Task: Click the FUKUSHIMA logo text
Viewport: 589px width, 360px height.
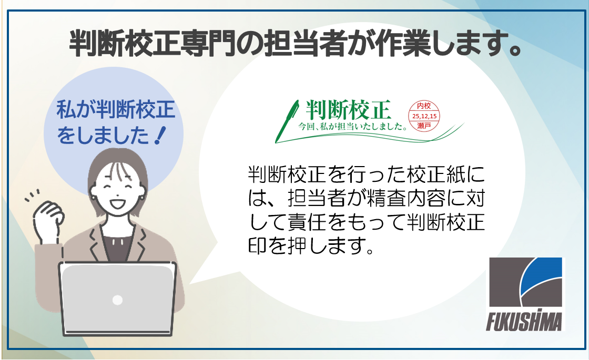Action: (525, 321)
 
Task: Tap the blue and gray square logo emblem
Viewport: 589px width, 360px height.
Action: (525, 282)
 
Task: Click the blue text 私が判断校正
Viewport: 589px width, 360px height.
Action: (115, 112)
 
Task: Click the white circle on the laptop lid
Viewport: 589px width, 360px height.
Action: (117, 300)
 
